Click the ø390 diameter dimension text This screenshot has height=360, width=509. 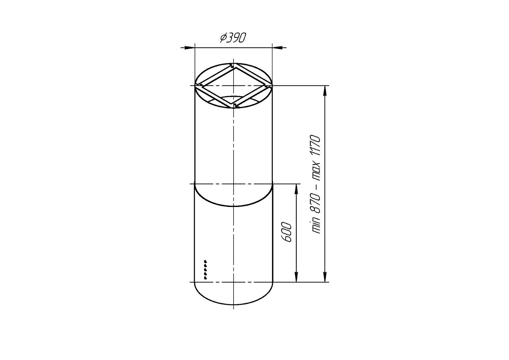(x=233, y=38)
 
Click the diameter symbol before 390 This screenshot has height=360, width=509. (x=224, y=38)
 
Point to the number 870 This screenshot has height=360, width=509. (x=316, y=204)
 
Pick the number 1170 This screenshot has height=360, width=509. (x=316, y=146)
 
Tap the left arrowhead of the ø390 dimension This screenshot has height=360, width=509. (x=189, y=48)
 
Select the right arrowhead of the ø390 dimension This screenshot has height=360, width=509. (x=278, y=48)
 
